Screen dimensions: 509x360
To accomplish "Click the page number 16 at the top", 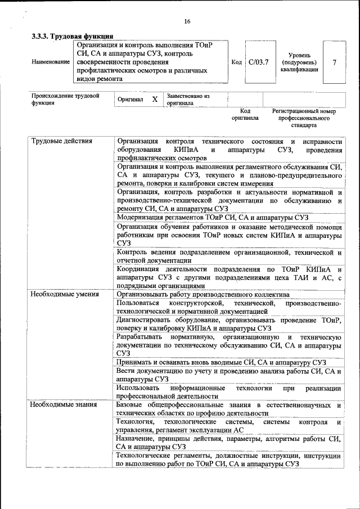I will [x=187, y=21].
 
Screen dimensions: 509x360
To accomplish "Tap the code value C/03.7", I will [x=259, y=62].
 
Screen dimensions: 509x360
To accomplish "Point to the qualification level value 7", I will [x=334, y=62].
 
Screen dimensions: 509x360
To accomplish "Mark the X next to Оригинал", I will [x=155, y=99].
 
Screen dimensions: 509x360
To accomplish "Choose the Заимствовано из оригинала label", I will [x=187, y=100].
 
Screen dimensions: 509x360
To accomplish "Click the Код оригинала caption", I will [x=245, y=115].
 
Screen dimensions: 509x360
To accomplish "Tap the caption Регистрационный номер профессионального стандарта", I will [x=304, y=119].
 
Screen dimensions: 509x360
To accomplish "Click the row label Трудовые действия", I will [x=62, y=141].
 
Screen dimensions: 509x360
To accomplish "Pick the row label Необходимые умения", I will [x=65, y=294].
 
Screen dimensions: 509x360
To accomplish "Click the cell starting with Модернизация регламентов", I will [x=213, y=217].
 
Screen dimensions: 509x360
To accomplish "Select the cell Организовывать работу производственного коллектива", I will [x=202, y=294].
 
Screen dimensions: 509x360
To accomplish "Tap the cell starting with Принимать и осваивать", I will [x=222, y=363].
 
